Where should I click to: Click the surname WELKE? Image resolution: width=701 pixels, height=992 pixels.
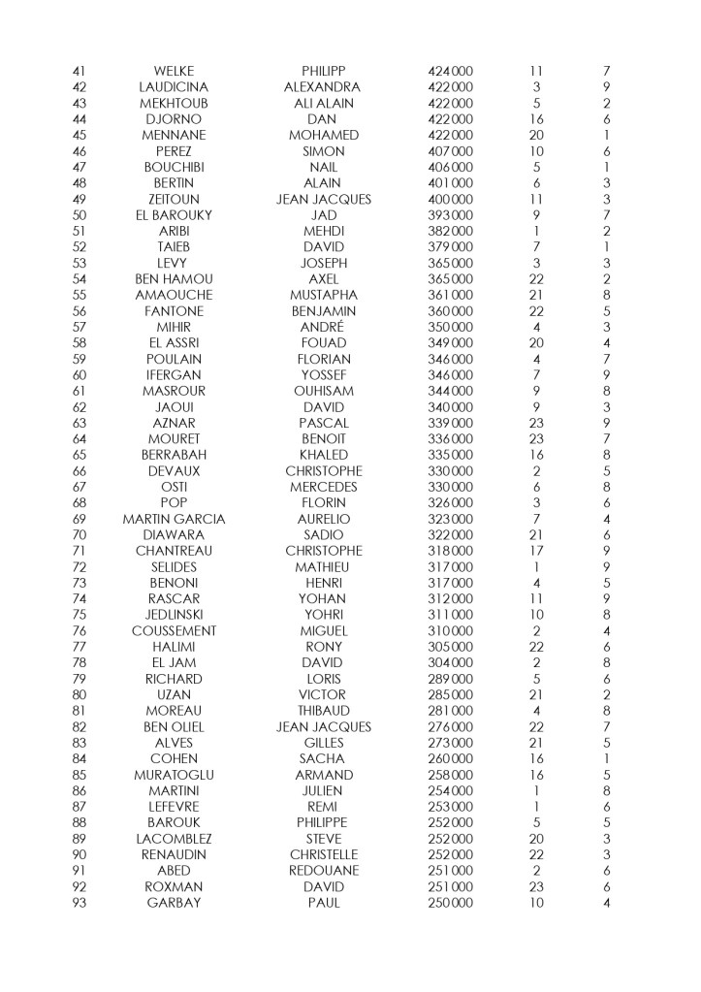tap(174, 71)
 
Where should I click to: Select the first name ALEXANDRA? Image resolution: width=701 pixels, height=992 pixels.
tap(323, 87)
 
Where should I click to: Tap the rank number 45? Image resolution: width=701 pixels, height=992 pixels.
tap(80, 135)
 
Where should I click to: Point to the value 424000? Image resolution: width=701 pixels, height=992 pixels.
tap(450, 71)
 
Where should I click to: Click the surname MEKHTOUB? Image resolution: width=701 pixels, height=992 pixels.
tap(174, 103)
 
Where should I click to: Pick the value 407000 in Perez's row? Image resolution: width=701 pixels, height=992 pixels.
tap(450, 151)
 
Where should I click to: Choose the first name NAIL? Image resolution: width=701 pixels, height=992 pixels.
tap(323, 167)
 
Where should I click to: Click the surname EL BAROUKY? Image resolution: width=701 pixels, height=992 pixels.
tap(174, 214)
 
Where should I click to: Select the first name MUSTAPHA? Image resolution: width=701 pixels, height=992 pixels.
tap(323, 295)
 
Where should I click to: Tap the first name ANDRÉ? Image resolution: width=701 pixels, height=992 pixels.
tap(323, 327)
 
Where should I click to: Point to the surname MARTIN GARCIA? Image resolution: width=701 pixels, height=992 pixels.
tap(174, 519)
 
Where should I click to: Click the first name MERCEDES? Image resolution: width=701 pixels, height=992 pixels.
tap(323, 487)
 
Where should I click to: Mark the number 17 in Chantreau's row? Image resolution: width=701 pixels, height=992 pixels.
tap(536, 551)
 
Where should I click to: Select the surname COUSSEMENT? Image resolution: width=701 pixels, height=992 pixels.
tap(174, 631)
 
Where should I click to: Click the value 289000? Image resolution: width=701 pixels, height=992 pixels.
tap(450, 679)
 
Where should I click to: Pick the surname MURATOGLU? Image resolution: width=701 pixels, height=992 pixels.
tap(174, 775)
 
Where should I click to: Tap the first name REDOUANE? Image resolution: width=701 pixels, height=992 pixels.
tap(323, 871)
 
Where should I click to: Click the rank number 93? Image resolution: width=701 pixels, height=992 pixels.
tap(80, 903)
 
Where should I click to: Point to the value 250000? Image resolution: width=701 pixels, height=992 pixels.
tap(450, 903)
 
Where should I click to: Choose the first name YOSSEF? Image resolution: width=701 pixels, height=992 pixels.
tap(323, 375)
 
